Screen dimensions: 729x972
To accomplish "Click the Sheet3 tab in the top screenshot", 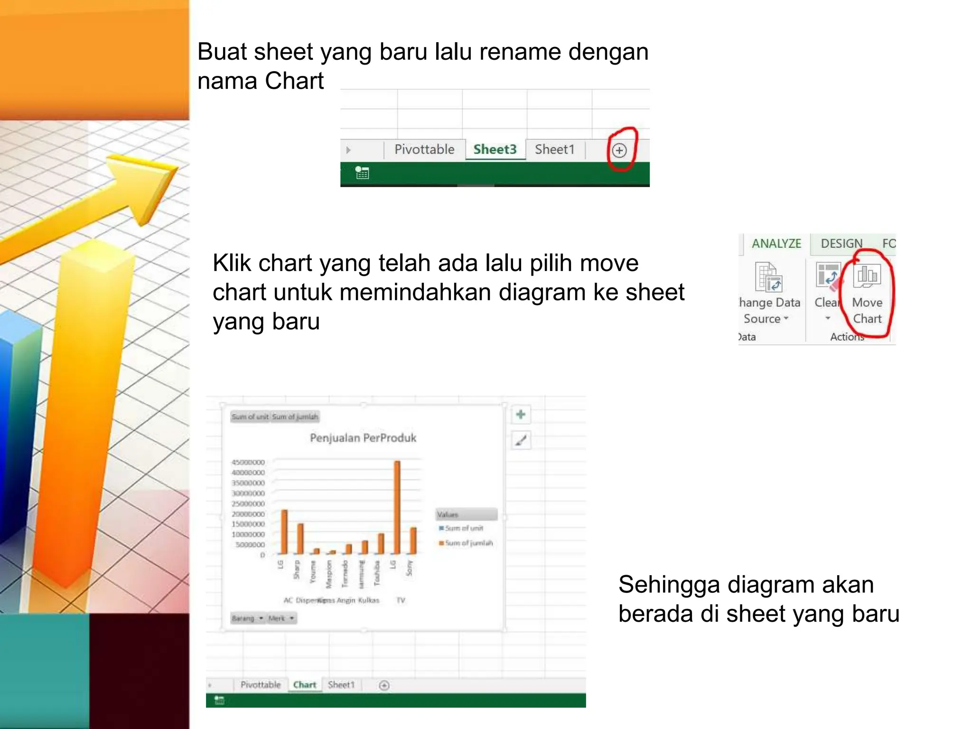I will tap(495, 150).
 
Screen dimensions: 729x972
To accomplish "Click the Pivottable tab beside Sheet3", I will tap(424, 150).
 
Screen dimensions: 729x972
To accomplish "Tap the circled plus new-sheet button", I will tap(619, 150).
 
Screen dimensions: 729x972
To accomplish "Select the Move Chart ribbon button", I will tap(867, 294).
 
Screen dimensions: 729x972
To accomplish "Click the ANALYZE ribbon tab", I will tap(776, 243).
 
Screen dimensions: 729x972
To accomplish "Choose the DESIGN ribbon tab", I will tap(841, 243).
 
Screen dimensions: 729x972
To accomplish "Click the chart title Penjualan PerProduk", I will tap(363, 438).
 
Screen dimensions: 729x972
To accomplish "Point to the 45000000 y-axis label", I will tap(248, 462).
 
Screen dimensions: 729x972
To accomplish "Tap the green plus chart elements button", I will tap(521, 414).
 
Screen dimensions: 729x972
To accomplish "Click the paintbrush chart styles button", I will tap(521, 440).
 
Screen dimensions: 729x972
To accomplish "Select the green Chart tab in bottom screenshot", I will tap(304, 685).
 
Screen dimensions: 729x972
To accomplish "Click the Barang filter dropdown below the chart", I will tap(247, 618).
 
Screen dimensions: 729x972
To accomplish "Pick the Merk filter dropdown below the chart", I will tap(281, 618).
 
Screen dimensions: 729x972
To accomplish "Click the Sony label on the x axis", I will tap(410, 568).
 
